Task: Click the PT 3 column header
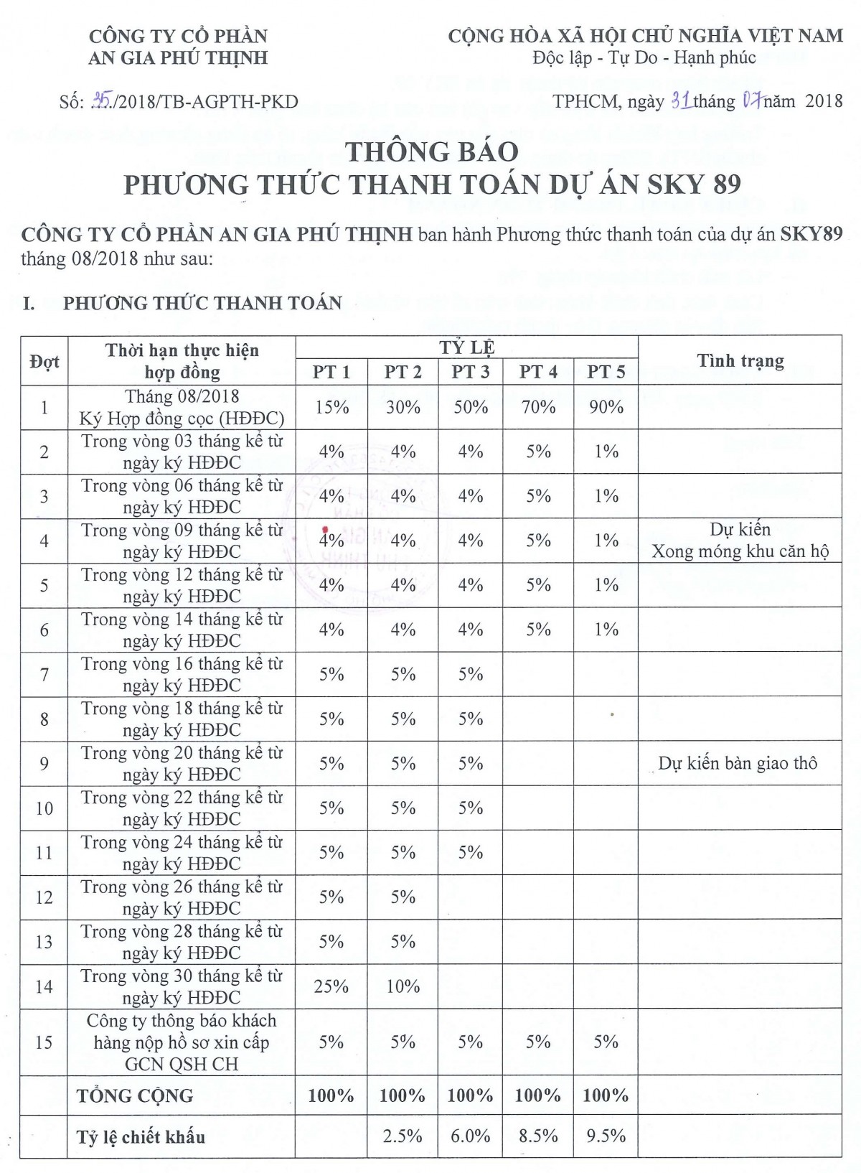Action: tap(471, 372)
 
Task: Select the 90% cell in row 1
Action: tap(606, 407)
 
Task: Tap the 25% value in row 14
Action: tap(331, 986)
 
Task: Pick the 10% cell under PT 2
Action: tap(403, 986)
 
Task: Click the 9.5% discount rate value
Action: tap(606, 1136)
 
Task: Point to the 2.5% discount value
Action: tap(403, 1136)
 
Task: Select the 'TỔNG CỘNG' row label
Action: tap(135, 1095)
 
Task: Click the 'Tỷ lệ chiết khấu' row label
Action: tap(141, 1137)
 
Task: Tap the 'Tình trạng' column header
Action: tap(740, 360)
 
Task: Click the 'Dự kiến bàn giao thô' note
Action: tap(738, 763)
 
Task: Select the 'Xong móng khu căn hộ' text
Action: tap(740, 552)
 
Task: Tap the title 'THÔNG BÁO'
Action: tap(432, 151)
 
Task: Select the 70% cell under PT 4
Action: tap(538, 407)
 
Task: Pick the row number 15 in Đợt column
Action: tap(44, 1042)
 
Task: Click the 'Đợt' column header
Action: tap(44, 361)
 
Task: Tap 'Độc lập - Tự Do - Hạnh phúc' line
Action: tap(644, 57)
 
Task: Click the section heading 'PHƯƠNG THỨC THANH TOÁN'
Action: tap(202, 303)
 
